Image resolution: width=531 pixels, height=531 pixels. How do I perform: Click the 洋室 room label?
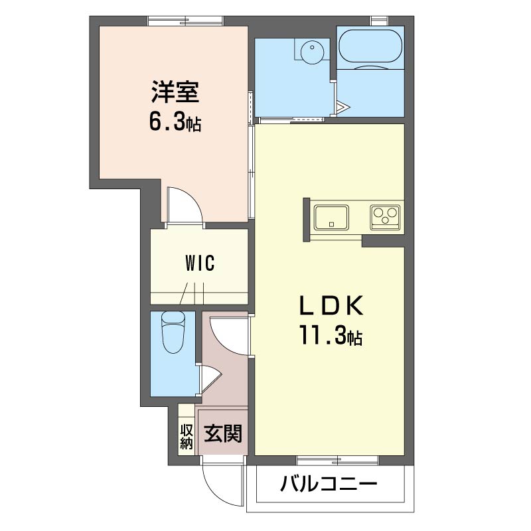click(x=175, y=92)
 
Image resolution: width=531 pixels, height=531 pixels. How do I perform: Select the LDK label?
click(x=331, y=305)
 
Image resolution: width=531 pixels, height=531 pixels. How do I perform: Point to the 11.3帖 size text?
click(x=330, y=335)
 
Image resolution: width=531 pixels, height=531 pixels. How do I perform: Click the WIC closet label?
click(x=200, y=263)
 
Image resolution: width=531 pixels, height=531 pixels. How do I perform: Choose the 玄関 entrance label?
click(x=223, y=433)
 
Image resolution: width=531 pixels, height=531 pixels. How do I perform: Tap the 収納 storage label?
click(x=187, y=437)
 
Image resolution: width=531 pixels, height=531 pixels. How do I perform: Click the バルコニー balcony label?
click(x=329, y=484)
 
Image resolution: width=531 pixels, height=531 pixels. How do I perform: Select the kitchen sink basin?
click(x=331, y=217)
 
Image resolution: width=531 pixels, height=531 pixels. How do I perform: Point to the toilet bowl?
click(x=173, y=333)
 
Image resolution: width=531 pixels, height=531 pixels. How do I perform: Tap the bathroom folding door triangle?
click(x=342, y=108)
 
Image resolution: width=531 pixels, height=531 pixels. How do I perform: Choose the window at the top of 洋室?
click(x=186, y=21)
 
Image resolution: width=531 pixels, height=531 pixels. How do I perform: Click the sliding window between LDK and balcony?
click(x=337, y=460)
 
